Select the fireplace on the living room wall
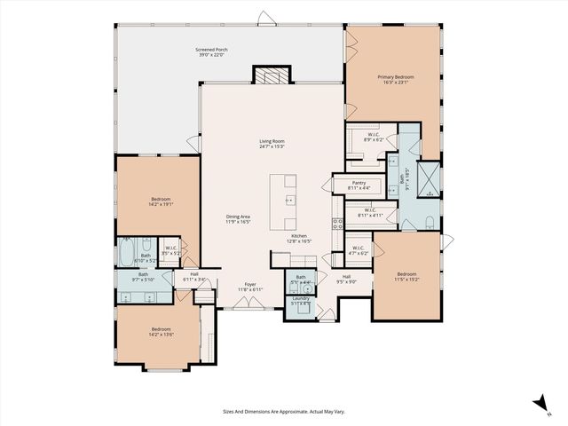coord(272,75)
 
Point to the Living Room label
coord(272,144)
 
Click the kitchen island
coord(285,201)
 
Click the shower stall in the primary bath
coord(429,177)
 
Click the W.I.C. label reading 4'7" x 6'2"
coord(358,249)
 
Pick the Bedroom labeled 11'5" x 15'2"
coord(406,276)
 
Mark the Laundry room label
coord(300,301)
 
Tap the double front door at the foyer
coord(248,307)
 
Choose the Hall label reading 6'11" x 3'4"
coord(193,277)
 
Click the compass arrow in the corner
coord(540,405)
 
